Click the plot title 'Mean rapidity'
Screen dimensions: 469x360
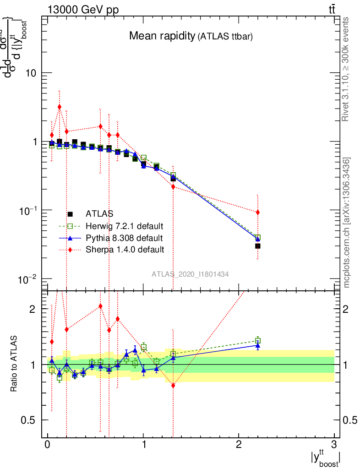[x=162, y=36]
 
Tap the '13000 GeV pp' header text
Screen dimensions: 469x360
[x=82, y=10]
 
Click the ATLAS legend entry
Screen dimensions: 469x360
[x=99, y=213]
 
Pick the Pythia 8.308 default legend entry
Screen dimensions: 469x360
[x=124, y=238]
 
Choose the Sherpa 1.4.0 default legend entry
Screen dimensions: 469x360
[x=125, y=250]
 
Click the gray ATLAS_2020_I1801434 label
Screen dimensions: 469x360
[x=191, y=274]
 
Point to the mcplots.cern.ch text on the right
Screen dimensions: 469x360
[x=347, y=223]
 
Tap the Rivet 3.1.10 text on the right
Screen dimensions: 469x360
[x=347, y=69]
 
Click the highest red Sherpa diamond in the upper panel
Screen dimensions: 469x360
[x=59, y=107]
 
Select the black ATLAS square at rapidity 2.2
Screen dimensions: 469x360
[x=258, y=246]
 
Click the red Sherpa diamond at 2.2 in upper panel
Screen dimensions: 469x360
[x=258, y=212]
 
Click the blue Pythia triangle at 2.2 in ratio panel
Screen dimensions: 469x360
[x=258, y=345]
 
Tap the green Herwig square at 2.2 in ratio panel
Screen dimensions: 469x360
[x=258, y=340]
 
